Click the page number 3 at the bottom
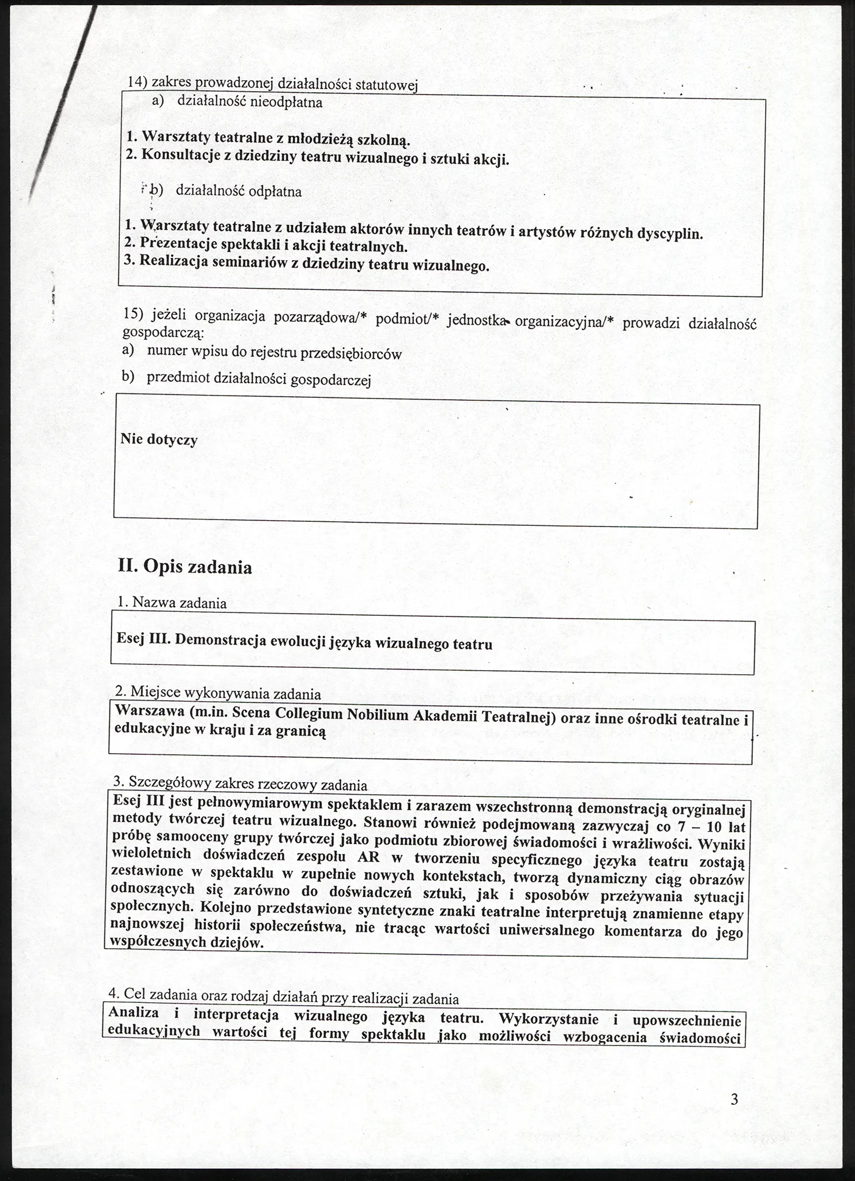(x=734, y=1099)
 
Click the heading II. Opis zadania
(x=184, y=567)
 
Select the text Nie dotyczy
(x=159, y=439)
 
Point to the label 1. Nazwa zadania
(x=171, y=603)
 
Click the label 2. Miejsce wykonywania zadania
(x=217, y=692)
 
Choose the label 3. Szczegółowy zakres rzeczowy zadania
(x=240, y=784)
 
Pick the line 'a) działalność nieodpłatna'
(x=237, y=102)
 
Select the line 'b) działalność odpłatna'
(x=225, y=190)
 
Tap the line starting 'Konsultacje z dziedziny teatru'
(x=317, y=157)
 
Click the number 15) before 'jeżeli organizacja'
(x=133, y=314)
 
